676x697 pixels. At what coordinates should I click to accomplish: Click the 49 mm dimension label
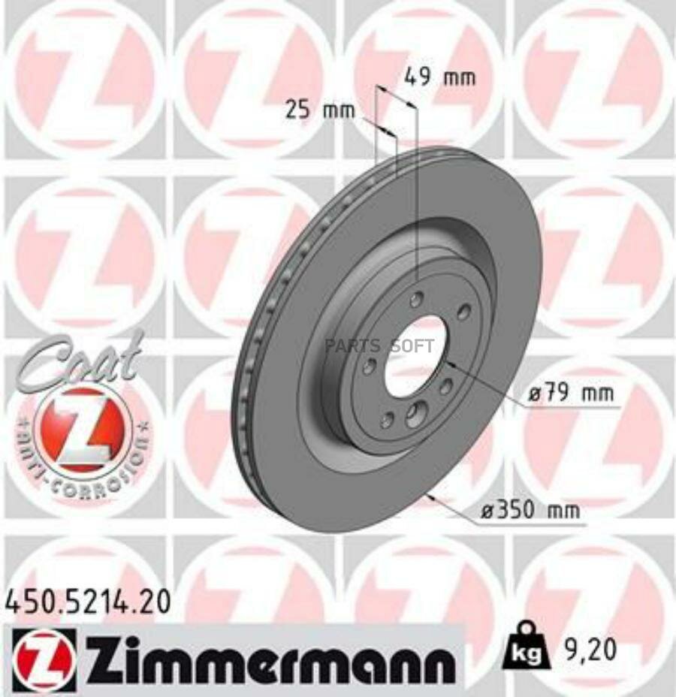coord(439,77)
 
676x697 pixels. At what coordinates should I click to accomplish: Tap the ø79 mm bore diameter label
coord(570,393)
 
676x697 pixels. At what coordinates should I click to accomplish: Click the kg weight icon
coord(531,645)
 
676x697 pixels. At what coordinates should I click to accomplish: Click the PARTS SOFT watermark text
coord(379,345)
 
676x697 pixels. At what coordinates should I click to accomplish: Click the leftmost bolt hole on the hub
coord(369,367)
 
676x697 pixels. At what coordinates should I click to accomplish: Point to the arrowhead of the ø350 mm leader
coord(430,496)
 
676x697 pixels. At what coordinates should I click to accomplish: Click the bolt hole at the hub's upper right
coord(463,312)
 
